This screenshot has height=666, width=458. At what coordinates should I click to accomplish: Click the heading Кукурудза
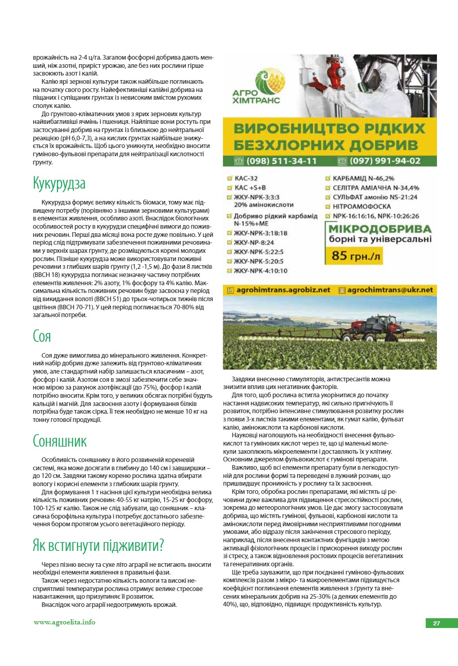tap(59, 183)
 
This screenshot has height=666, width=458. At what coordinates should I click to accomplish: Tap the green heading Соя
tap(42, 337)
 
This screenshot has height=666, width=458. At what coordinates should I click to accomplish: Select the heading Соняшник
tap(60, 441)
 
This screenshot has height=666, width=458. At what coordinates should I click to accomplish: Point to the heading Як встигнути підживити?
tap(98, 545)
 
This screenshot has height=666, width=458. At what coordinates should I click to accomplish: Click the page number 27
tap(436, 623)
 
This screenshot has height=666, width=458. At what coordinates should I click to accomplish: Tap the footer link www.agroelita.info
tap(64, 622)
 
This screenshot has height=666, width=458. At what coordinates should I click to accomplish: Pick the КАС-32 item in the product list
tap(246, 178)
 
